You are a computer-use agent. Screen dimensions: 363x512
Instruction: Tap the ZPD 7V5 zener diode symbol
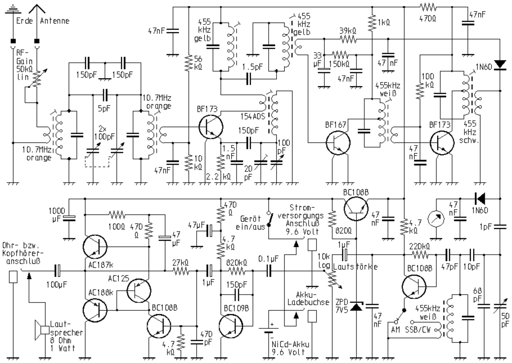(x=354, y=307)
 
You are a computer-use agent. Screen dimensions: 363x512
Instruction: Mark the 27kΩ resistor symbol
(x=181, y=270)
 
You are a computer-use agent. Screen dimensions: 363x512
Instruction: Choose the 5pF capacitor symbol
(x=104, y=94)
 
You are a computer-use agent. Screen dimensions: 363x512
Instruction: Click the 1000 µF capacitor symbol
(x=69, y=217)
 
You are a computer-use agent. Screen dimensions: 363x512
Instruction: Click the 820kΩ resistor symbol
(x=237, y=270)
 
